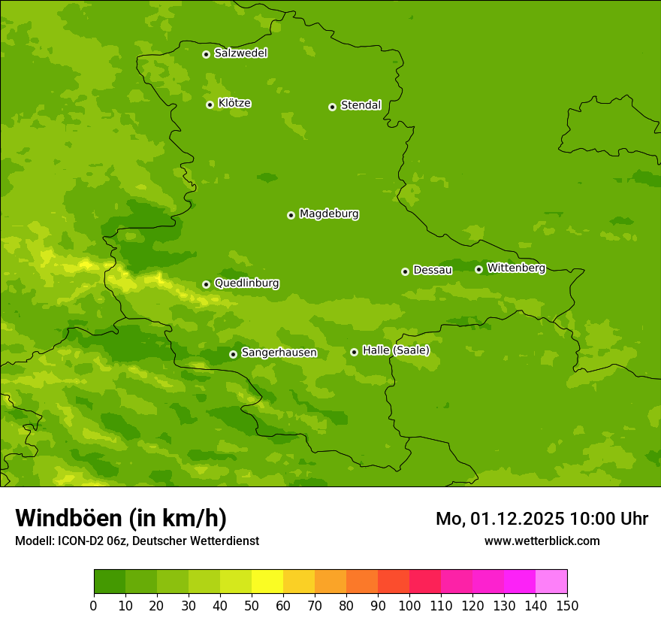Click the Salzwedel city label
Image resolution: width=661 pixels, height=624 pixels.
click(x=240, y=53)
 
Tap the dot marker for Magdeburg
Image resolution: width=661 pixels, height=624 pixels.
click(x=291, y=215)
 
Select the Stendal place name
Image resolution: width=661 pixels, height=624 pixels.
click(x=361, y=105)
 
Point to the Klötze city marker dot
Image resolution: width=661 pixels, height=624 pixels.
click(x=210, y=105)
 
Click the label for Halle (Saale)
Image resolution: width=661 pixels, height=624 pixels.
click(x=396, y=350)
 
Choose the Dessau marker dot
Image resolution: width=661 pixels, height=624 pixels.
click(x=405, y=271)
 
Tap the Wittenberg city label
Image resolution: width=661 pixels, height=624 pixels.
click(x=516, y=268)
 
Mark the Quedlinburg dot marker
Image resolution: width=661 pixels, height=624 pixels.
click(x=206, y=284)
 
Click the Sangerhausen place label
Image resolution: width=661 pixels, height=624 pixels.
click(x=279, y=353)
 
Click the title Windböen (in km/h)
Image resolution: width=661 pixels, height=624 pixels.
click(x=121, y=518)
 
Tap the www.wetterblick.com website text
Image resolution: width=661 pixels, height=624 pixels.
click(x=542, y=541)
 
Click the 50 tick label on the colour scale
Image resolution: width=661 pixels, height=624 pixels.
click(x=252, y=606)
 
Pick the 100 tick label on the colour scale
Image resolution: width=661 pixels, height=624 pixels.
click(x=409, y=606)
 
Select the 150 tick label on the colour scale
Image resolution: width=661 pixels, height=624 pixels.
click(x=567, y=606)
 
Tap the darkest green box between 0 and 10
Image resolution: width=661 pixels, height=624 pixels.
click(x=110, y=582)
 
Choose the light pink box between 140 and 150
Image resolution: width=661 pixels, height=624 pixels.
click(x=551, y=582)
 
